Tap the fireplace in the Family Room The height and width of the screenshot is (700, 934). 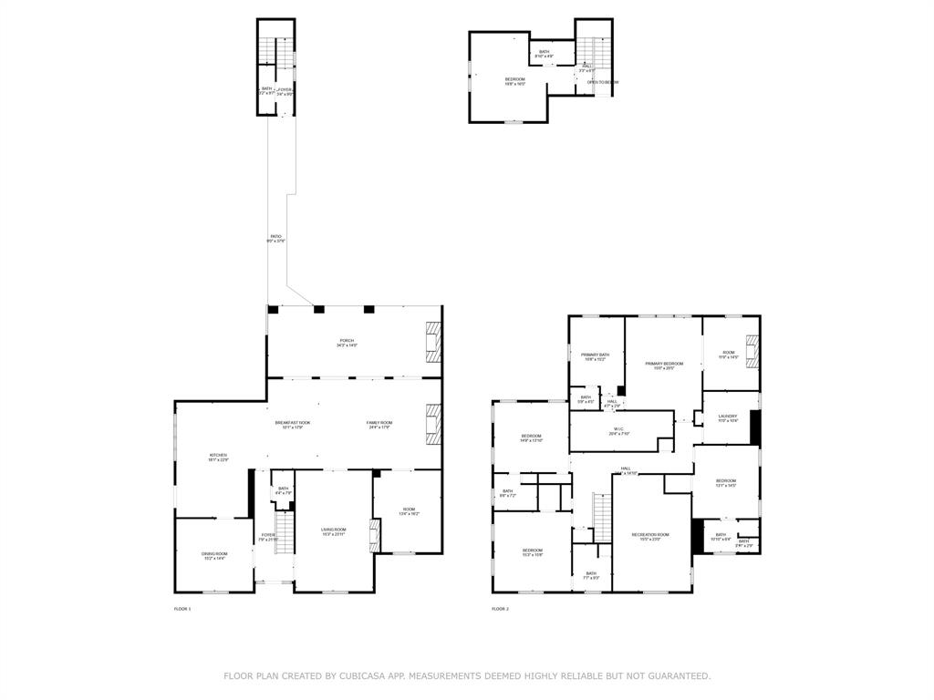point(433,425)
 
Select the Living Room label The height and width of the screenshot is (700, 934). point(333,531)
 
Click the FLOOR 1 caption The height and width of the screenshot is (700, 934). point(182,609)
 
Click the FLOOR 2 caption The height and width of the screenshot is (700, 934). point(500,609)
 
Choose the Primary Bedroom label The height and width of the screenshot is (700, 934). point(664,365)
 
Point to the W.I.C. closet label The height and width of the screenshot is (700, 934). point(619,431)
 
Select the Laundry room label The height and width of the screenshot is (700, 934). point(727,418)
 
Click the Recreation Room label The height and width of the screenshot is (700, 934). point(650,536)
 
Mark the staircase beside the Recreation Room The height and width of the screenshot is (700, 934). point(601,518)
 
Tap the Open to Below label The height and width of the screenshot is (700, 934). point(603,82)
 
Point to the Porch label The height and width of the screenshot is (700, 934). point(347,343)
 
